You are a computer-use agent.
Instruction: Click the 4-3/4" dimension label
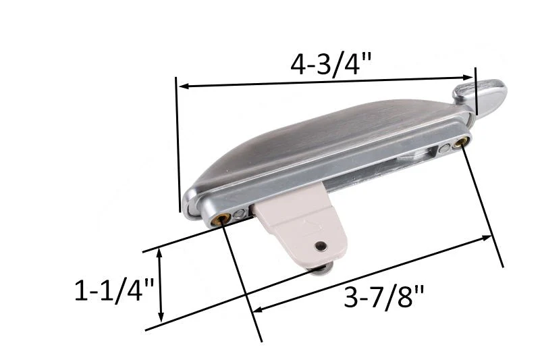coord(331,66)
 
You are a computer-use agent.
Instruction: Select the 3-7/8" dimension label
coord(383,298)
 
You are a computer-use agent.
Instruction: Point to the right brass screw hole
coord(462,142)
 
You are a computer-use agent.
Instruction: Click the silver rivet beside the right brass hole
coord(444,149)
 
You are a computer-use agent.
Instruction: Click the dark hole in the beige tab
coord(321,246)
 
